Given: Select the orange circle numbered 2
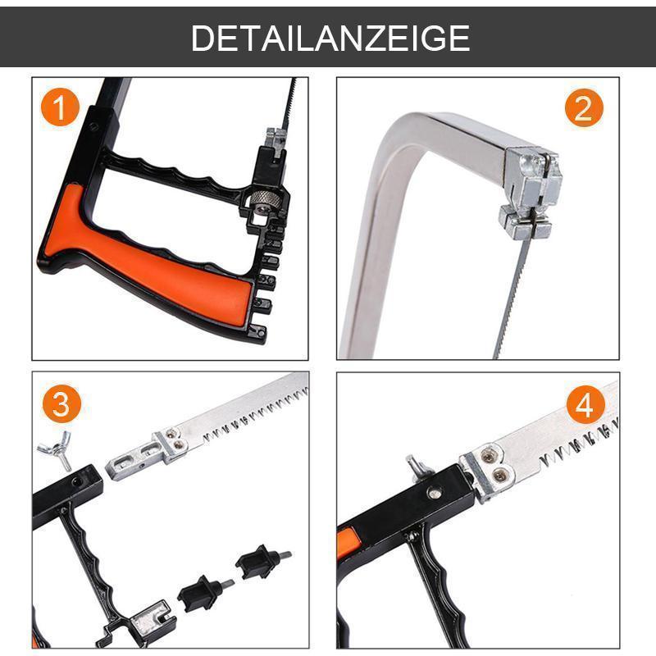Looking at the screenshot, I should click(x=583, y=108).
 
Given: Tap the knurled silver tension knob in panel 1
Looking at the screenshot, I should click(x=263, y=198).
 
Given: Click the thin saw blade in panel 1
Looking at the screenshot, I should click(x=288, y=107).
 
